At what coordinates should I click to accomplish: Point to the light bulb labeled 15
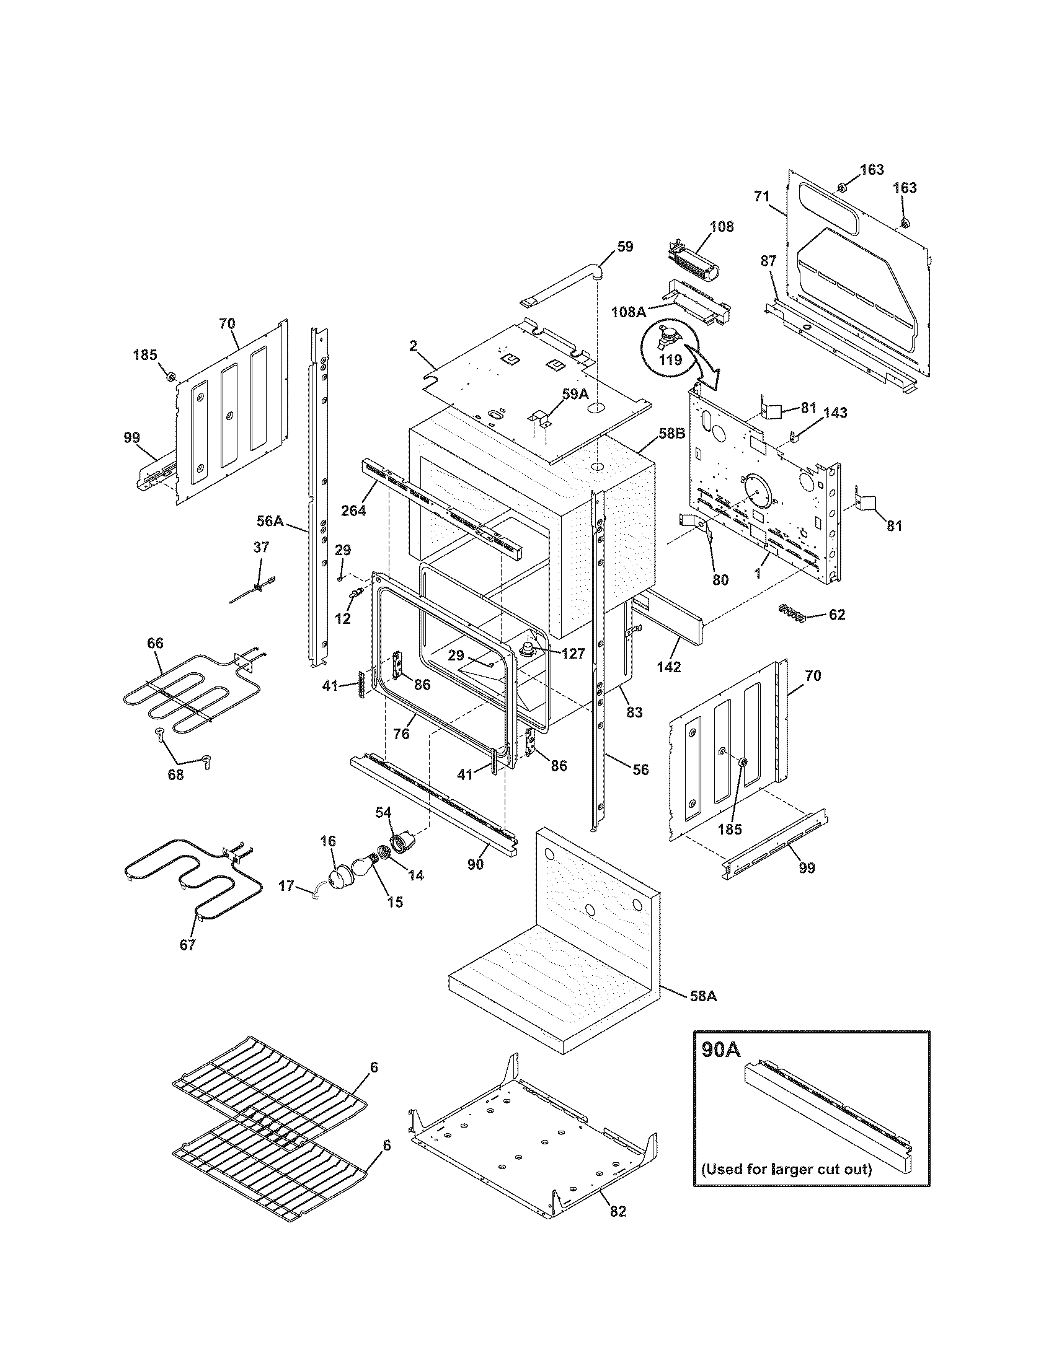pyautogui.click(x=365, y=866)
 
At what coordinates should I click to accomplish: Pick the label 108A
pyautogui.click(x=628, y=312)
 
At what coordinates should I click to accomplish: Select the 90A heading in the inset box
pyautogui.click(x=720, y=1050)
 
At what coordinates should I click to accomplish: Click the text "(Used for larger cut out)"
pyautogui.click(x=786, y=1168)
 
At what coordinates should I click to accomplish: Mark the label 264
pyautogui.click(x=353, y=510)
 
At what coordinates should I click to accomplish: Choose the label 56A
pyautogui.click(x=270, y=520)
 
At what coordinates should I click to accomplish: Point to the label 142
pyautogui.click(x=668, y=667)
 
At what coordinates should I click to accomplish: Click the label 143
pyautogui.click(x=835, y=413)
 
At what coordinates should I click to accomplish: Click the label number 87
pyautogui.click(x=768, y=261)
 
